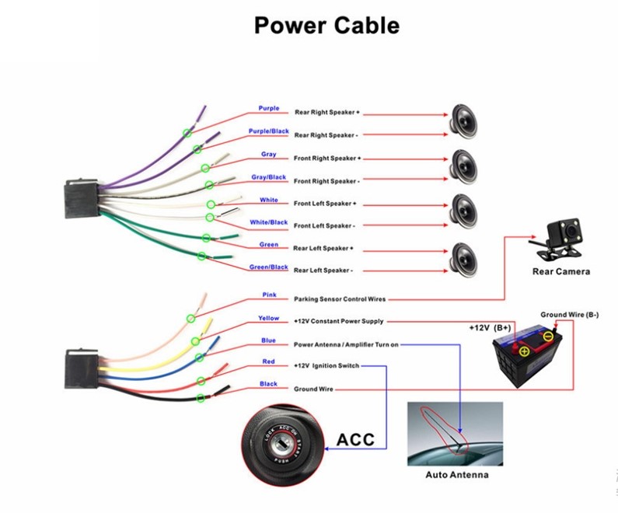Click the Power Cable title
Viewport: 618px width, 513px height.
pyautogui.click(x=326, y=26)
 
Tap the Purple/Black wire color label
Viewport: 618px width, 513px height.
pyautogui.click(x=268, y=131)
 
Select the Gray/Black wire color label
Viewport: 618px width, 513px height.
pyautogui.click(x=268, y=177)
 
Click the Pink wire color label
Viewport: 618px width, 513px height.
pyautogui.click(x=269, y=295)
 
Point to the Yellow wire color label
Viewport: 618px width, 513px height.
pyautogui.click(x=269, y=318)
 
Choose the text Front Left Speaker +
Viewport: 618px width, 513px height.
pyautogui.click(x=325, y=204)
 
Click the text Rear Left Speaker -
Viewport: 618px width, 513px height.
pyautogui.click(x=323, y=270)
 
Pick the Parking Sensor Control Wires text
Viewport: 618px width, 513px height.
pyautogui.click(x=339, y=298)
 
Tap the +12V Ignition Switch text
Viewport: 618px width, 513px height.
pyautogui.click(x=326, y=365)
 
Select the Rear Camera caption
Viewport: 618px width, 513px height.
pyautogui.click(x=560, y=272)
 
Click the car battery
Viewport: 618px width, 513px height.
pyautogui.click(x=529, y=354)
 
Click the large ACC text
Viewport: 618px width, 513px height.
pyautogui.click(x=355, y=440)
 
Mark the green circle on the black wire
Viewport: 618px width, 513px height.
pyautogui.click(x=201, y=399)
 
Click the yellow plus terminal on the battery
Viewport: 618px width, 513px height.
pyautogui.click(x=523, y=351)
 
